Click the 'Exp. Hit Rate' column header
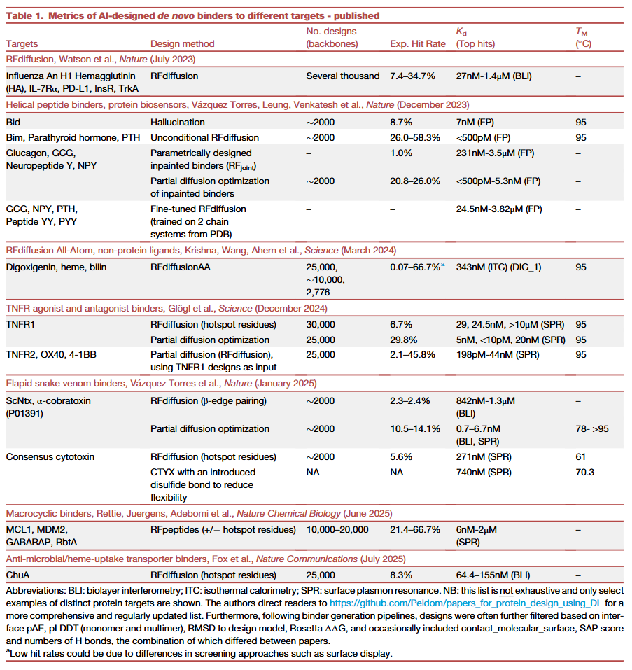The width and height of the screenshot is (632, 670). coord(417,43)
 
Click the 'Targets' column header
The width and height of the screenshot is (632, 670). coord(22,43)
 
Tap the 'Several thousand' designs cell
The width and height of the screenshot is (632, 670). coord(343,76)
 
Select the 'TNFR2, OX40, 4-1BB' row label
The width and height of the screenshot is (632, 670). coord(51,354)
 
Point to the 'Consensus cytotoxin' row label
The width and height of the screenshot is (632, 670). coord(50,457)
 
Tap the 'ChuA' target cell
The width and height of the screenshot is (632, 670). coord(17,575)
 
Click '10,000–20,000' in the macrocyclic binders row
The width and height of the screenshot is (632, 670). coord(337,529)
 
